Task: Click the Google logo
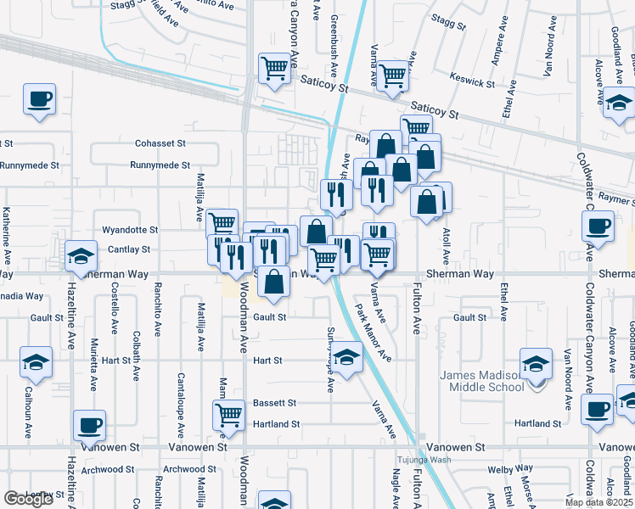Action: click(29, 499)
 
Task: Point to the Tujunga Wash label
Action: click(423, 461)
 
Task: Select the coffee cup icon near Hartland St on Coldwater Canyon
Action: click(597, 409)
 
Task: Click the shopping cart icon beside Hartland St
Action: click(229, 415)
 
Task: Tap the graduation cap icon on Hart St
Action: click(346, 357)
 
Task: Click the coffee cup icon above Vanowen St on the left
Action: click(89, 424)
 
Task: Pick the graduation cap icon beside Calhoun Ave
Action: click(36, 363)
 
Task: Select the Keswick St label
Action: click(474, 83)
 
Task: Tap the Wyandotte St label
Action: click(130, 230)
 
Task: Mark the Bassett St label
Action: click(274, 403)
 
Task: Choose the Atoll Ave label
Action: click(445, 243)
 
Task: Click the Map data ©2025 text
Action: click(598, 502)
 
